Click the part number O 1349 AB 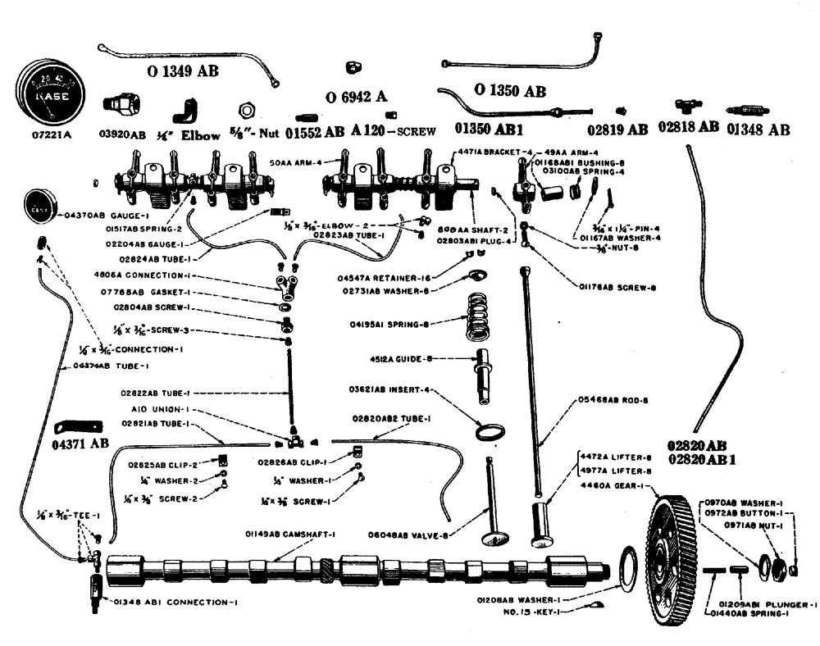[183, 71]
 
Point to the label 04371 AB [82, 444]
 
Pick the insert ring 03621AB [489, 430]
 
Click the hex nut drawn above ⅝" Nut [244, 110]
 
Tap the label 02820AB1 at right [702, 460]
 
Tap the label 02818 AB [687, 128]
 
